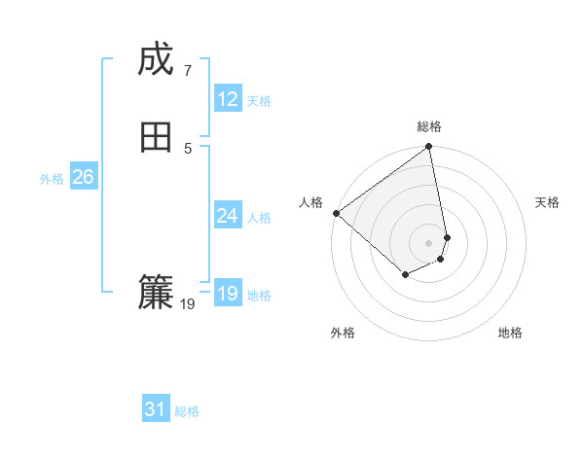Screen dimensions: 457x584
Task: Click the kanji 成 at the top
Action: [156, 60]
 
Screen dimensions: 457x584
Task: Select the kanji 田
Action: [156, 137]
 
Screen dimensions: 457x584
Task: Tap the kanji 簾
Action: [156, 293]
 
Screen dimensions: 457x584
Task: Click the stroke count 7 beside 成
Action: [187, 70]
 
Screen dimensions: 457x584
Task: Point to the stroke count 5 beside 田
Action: [187, 148]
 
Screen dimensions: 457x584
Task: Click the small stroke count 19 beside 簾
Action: [188, 304]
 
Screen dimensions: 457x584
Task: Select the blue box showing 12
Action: [228, 99]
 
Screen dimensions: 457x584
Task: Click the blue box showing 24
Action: [228, 216]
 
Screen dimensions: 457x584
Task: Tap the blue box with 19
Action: [228, 294]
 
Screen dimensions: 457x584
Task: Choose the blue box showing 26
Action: [83, 177]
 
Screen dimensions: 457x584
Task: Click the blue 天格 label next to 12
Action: [259, 101]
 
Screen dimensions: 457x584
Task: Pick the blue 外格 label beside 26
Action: [52, 179]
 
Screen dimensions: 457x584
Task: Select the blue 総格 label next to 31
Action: [187, 412]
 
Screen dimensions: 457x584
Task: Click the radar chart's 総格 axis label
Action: [429, 126]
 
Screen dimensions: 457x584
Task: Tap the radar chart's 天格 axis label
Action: [547, 202]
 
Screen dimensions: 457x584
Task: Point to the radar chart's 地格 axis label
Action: [510, 334]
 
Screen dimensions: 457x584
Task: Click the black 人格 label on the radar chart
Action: [311, 202]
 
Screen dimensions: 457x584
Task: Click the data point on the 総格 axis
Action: [429, 148]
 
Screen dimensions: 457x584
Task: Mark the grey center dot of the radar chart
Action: [429, 242]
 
